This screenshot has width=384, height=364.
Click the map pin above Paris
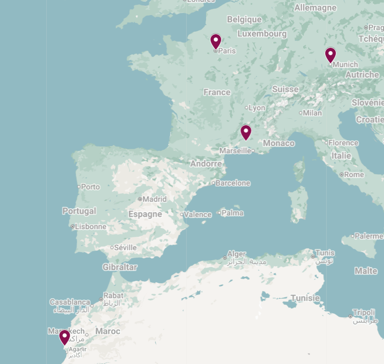coord(216,41)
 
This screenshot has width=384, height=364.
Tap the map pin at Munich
coord(331,55)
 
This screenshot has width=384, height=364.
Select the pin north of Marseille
coord(246,132)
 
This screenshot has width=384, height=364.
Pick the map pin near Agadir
coord(65,337)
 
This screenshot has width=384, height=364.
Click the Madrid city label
coord(155,199)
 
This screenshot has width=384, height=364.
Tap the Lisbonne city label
coord(91,226)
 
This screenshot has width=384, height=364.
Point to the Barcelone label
coord(233,183)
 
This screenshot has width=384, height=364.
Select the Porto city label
coord(90,186)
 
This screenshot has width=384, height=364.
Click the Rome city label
coord(354,174)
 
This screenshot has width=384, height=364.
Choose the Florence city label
coord(343,143)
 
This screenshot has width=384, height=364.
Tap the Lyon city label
coord(257,108)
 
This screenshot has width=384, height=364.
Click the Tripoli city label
coord(364,312)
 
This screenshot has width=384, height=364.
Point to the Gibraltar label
coord(120,267)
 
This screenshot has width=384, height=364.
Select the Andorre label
coord(206,164)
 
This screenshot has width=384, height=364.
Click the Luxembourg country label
coord(262,34)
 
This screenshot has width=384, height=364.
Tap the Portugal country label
coord(79,211)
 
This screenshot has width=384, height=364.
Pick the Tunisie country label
coord(305,298)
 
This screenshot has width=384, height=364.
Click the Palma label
coord(232,213)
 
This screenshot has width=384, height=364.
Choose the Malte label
coord(366,271)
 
